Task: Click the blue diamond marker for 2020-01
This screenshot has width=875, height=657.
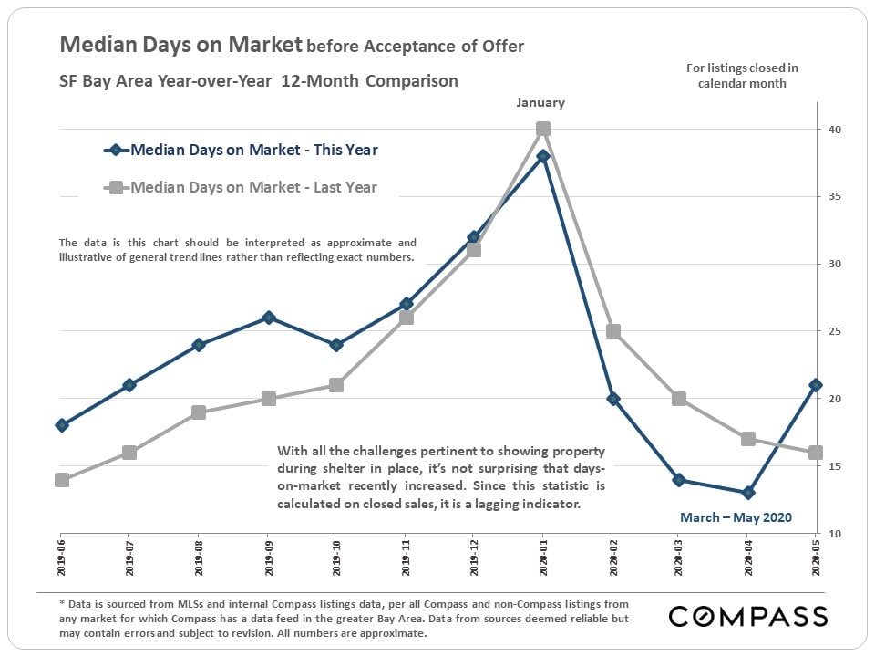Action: [542, 156]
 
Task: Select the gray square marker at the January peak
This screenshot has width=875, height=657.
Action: [543, 129]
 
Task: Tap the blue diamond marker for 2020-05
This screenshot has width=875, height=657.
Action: [816, 385]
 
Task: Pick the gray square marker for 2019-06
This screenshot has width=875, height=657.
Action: [62, 479]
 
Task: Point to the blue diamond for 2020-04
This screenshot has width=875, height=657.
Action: [748, 493]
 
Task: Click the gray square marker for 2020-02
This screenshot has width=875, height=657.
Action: [612, 331]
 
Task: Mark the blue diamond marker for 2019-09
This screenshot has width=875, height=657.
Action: [269, 318]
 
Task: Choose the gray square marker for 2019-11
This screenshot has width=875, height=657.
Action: [407, 318]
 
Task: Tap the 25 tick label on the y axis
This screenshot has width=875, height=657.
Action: [835, 331]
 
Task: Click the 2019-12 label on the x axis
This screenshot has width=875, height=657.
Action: [474, 561]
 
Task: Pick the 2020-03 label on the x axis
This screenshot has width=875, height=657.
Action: [680, 561]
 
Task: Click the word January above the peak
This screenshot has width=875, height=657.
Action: [540, 103]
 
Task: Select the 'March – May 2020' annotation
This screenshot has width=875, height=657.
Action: [736, 517]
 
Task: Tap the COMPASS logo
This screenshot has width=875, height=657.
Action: [747, 616]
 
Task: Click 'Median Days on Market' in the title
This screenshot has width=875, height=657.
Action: [180, 45]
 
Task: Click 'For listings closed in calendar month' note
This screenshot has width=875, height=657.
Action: [742, 76]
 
